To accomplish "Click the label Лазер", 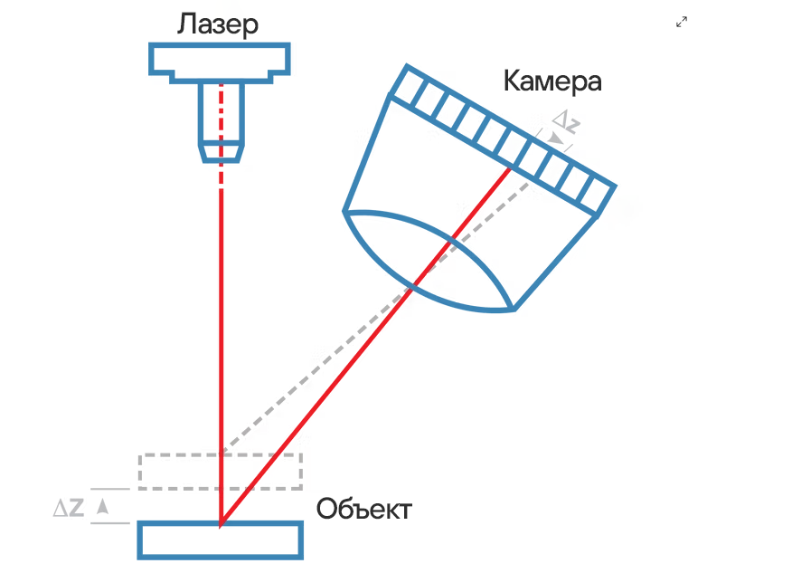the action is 218,24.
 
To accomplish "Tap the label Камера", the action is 552,81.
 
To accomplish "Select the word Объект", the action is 363,509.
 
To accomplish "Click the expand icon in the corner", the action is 682,22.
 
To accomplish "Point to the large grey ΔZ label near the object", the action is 69,507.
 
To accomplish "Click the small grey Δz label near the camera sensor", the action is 566,122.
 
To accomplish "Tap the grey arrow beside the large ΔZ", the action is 102,506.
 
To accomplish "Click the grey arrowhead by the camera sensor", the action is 556,138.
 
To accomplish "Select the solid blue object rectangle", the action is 221,540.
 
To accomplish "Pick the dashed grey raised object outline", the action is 221,455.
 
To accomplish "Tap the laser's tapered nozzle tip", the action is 222,153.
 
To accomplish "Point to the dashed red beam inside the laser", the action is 222,137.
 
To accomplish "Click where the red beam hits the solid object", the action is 221,523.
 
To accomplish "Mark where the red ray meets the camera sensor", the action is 510,168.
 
